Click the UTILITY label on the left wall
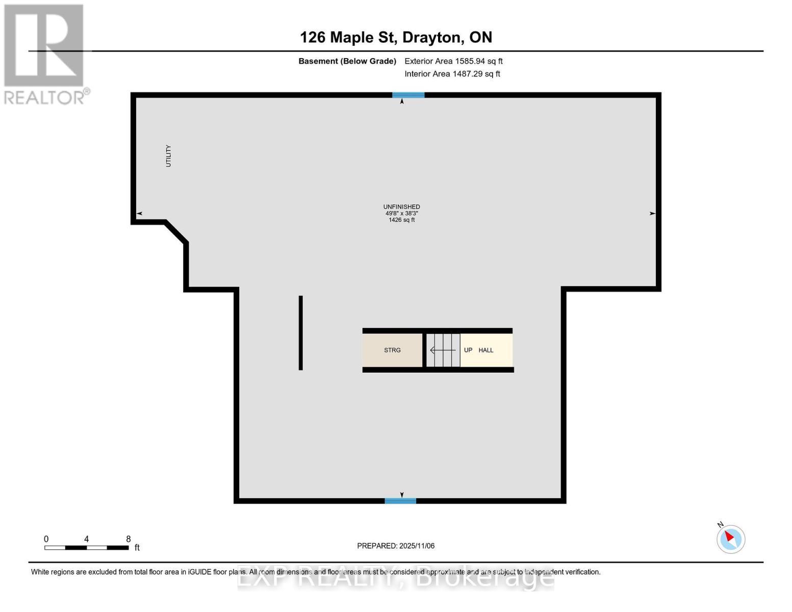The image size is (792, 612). [x=168, y=156]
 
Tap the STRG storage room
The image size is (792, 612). [x=392, y=350]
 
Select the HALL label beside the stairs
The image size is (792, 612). [x=486, y=350]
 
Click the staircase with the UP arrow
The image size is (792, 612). [x=443, y=350]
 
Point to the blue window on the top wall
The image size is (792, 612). [x=408, y=95]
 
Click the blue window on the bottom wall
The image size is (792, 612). [x=400, y=501]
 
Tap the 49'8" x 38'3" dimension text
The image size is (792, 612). [x=402, y=214]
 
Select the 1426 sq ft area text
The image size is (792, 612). [x=402, y=220]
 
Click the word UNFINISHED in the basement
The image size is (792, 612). [x=402, y=207]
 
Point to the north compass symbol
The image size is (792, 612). [x=731, y=539]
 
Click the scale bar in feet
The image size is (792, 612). [x=87, y=548]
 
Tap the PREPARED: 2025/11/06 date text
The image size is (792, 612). [x=396, y=546]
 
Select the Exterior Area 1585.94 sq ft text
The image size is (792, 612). [x=453, y=61]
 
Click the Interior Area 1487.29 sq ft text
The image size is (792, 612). [x=452, y=74]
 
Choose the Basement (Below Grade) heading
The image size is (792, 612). [x=347, y=61]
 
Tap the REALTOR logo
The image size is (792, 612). [x=45, y=54]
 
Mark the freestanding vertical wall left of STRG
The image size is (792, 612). [x=301, y=333]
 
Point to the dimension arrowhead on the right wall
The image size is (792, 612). [x=652, y=214]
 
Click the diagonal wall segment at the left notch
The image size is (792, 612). [x=176, y=232]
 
